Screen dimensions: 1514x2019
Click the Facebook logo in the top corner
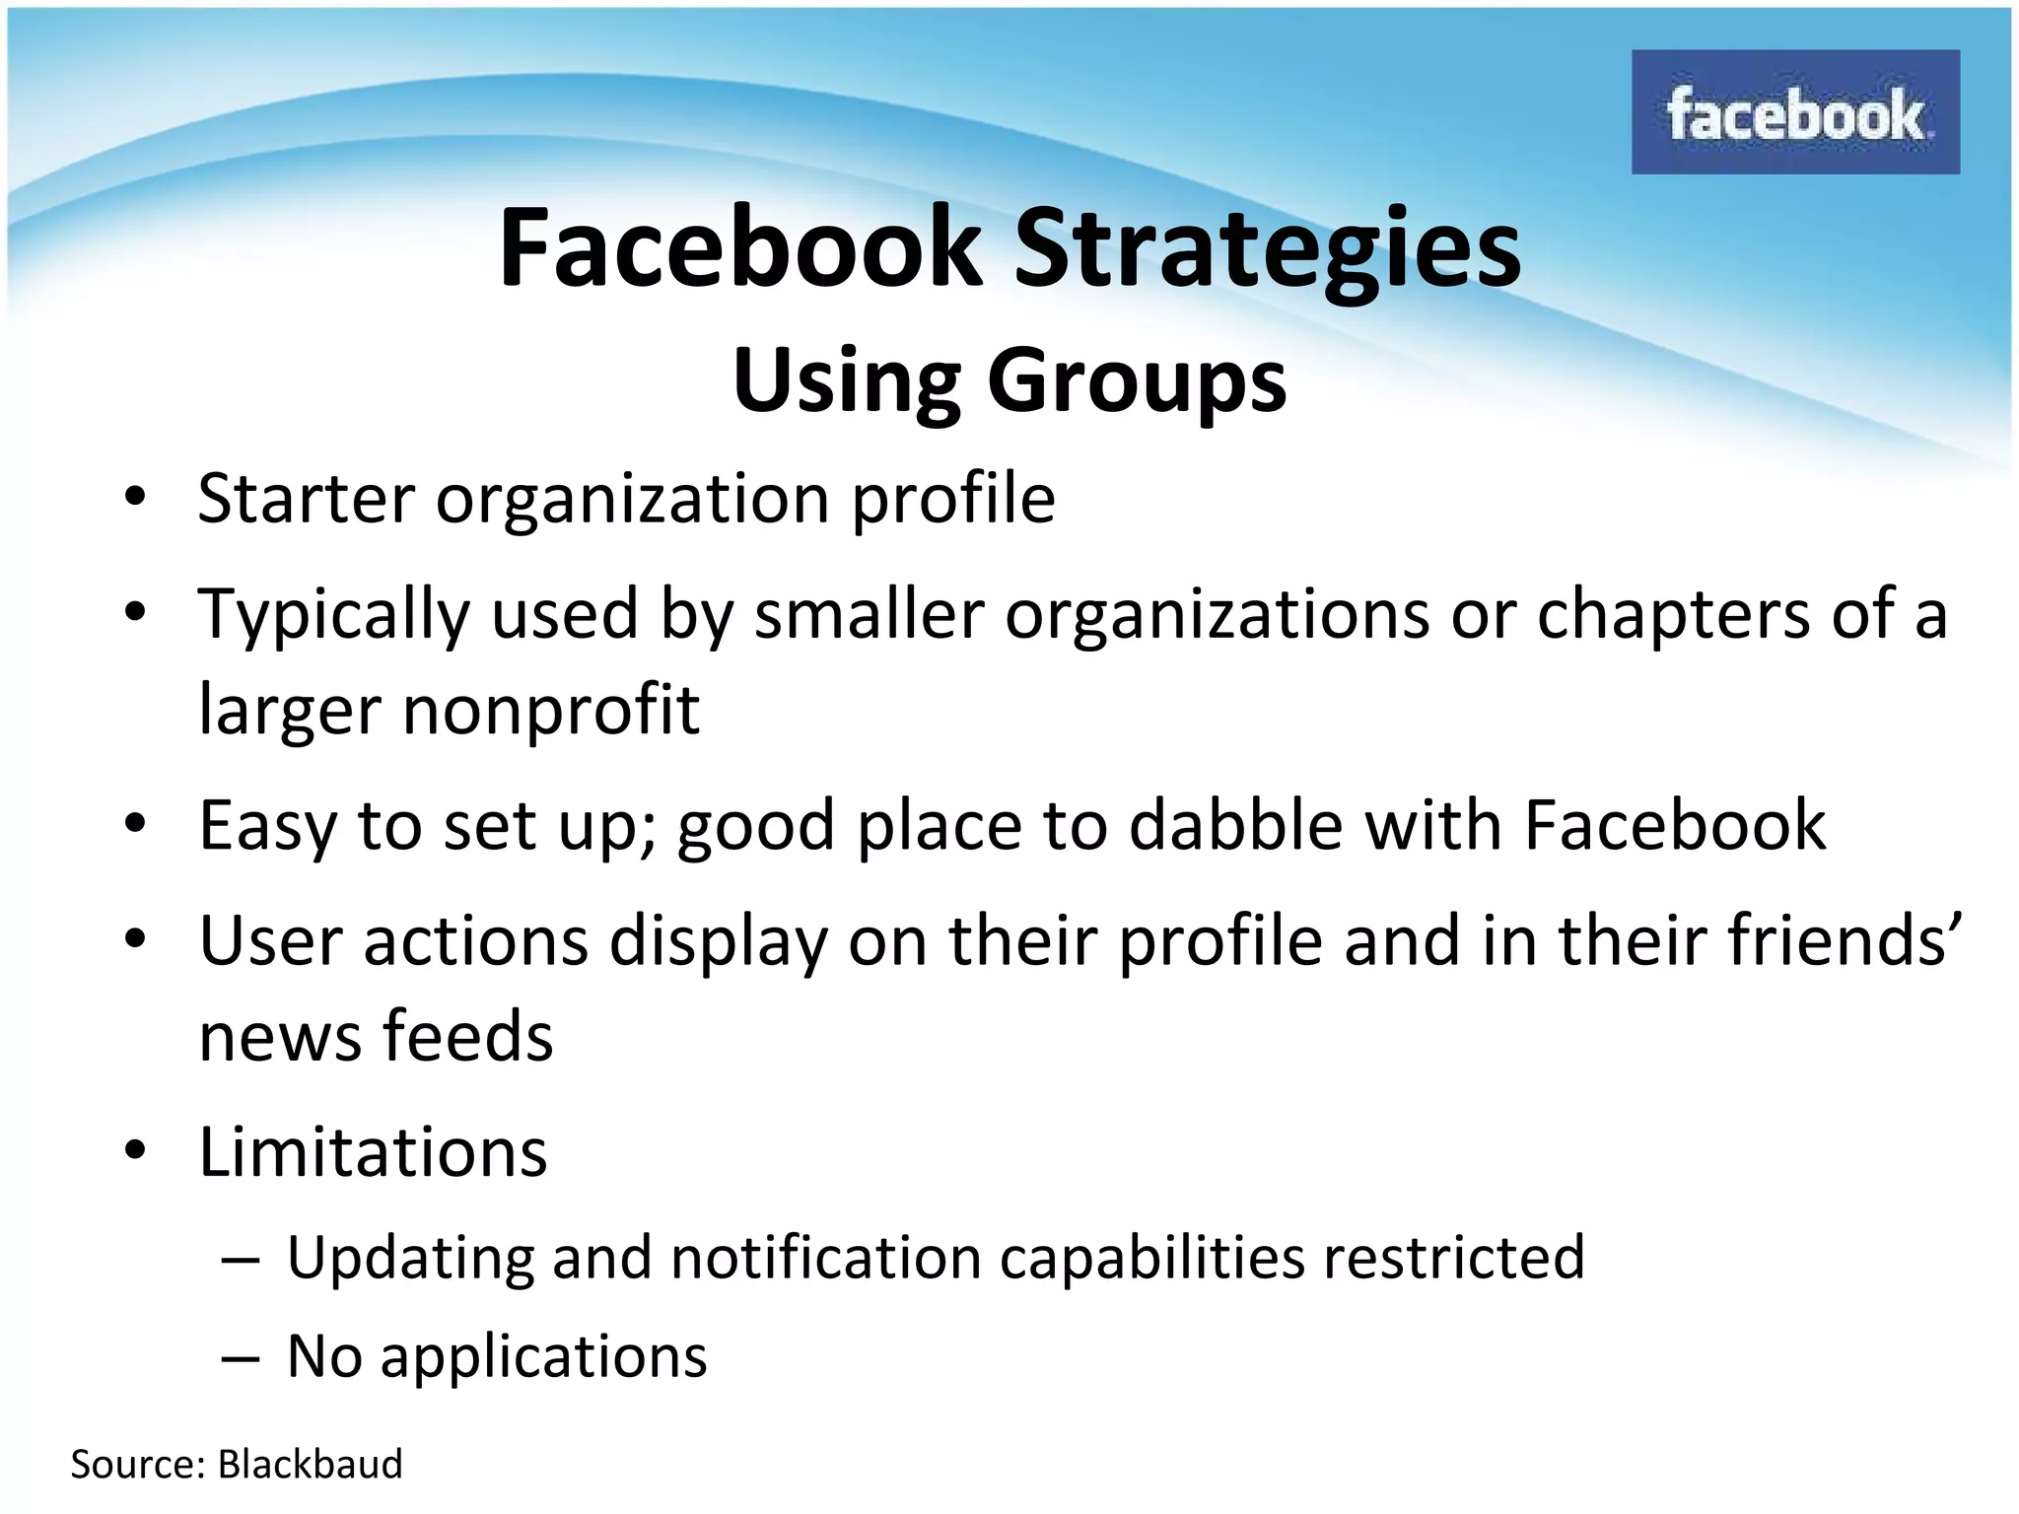(1794, 112)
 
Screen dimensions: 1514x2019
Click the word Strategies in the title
(1268, 247)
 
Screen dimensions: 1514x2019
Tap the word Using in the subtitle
(846, 382)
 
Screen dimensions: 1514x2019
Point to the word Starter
(306, 499)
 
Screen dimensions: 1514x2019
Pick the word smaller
(869, 614)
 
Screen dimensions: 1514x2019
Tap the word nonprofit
(551, 710)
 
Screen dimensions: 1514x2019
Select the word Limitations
(373, 1151)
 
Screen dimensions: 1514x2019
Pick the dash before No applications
(241, 1358)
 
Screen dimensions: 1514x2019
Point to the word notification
(826, 1258)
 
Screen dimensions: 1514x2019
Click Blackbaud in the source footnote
(310, 1465)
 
